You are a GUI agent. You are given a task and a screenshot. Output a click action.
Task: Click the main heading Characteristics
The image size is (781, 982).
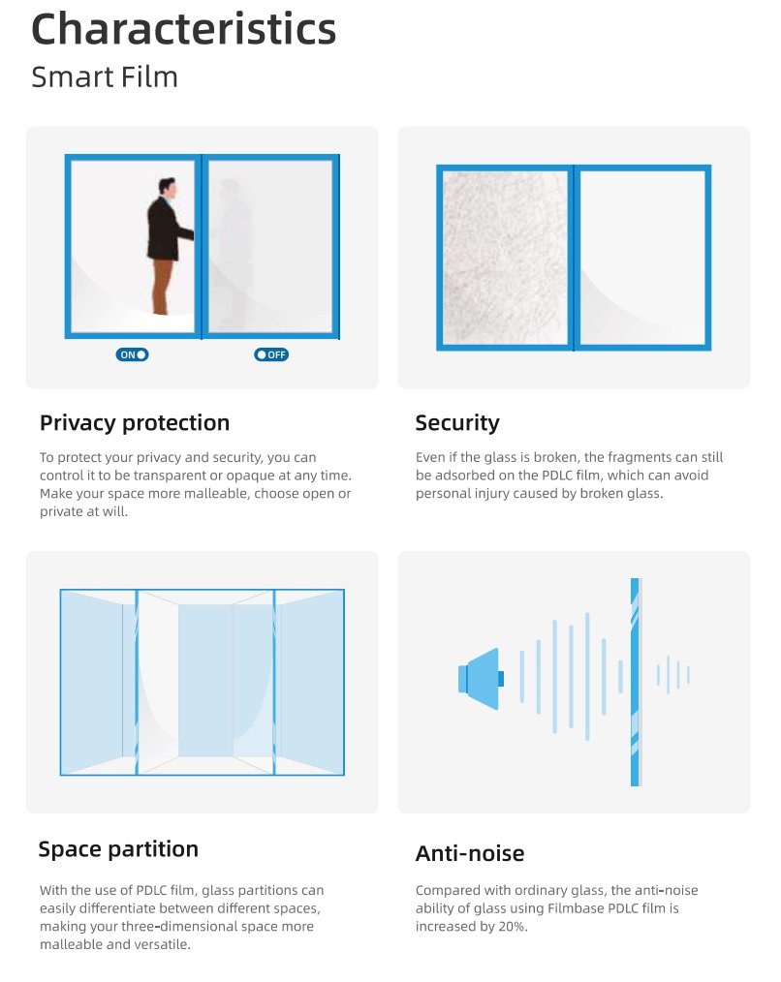tap(184, 29)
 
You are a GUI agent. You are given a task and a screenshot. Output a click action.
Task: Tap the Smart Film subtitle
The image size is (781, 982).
tap(105, 77)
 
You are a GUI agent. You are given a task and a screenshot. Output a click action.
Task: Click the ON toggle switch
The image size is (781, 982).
tap(132, 354)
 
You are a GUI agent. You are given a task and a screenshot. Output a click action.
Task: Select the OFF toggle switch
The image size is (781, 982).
tap(270, 354)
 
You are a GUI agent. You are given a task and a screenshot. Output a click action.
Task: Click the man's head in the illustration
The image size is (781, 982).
tap(167, 187)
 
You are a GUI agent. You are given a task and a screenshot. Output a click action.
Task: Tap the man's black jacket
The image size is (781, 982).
tap(166, 229)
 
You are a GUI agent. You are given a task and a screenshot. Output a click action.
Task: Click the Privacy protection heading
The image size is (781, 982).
tap(135, 423)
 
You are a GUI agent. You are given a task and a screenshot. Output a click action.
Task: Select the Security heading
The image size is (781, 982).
tap(457, 423)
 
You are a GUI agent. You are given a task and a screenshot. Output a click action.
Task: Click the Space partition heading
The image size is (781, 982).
tap(118, 849)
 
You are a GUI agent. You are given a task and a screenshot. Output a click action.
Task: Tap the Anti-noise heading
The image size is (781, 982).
tap(470, 853)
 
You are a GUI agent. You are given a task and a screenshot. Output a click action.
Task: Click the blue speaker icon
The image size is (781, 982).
tap(481, 679)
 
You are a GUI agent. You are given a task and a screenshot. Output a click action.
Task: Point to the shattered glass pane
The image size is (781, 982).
tap(505, 258)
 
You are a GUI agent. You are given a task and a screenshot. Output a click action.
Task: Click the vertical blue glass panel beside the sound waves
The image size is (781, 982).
tap(636, 682)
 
